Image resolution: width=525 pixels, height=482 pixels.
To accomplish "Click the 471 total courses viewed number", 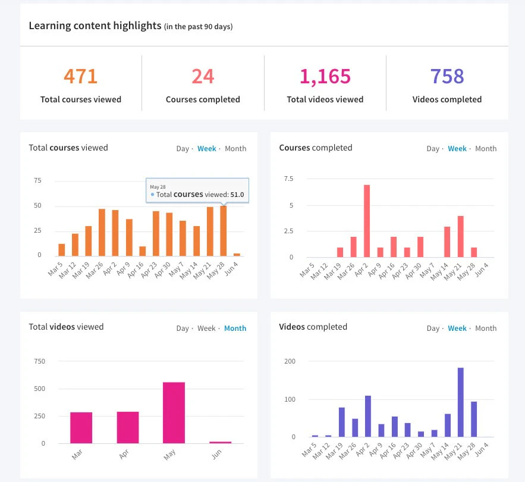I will click(80, 77).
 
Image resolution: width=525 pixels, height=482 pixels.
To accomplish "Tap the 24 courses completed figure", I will click(203, 77).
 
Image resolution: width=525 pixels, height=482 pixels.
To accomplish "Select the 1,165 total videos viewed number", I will click(325, 77).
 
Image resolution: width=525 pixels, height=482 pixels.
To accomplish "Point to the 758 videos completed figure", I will click(447, 77).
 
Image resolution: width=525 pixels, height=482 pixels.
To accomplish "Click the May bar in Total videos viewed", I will click(174, 412).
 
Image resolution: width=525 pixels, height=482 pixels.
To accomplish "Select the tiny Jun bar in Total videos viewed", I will click(220, 442).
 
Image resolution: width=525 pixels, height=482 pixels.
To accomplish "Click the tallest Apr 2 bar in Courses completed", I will click(367, 221).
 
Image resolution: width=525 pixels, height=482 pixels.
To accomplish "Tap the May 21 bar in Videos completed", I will click(460, 402).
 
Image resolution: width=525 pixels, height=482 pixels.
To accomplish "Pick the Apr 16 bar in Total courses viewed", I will click(142, 251).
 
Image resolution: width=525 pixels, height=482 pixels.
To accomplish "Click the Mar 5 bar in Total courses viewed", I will click(62, 250).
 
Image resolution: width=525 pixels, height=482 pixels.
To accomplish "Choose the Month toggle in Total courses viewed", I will click(235, 149).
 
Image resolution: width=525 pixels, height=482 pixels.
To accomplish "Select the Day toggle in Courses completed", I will click(433, 149).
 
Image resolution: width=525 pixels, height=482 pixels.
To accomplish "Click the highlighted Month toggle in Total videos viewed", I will click(235, 328).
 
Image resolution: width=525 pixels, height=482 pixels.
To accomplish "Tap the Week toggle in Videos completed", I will click(457, 328).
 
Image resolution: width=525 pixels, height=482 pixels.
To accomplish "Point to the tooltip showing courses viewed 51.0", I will click(197, 191).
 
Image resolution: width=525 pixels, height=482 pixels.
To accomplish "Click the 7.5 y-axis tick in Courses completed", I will click(289, 179).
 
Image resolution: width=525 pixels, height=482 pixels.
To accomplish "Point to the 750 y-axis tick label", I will click(39, 361).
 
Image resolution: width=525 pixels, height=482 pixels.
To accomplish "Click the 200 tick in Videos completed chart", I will click(290, 361).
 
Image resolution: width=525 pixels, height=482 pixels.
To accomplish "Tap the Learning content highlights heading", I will click(95, 26).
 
